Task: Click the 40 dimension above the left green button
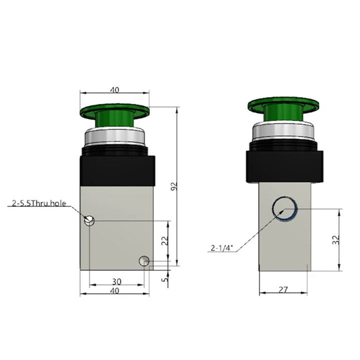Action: (x=115, y=89)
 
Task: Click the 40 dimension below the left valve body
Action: (x=115, y=290)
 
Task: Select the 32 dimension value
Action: (x=336, y=241)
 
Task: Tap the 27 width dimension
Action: (x=283, y=289)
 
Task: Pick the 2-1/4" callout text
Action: (x=221, y=248)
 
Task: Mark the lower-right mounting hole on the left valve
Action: (x=144, y=261)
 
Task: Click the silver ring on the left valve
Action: (x=115, y=136)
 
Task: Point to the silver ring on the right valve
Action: (x=283, y=131)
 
